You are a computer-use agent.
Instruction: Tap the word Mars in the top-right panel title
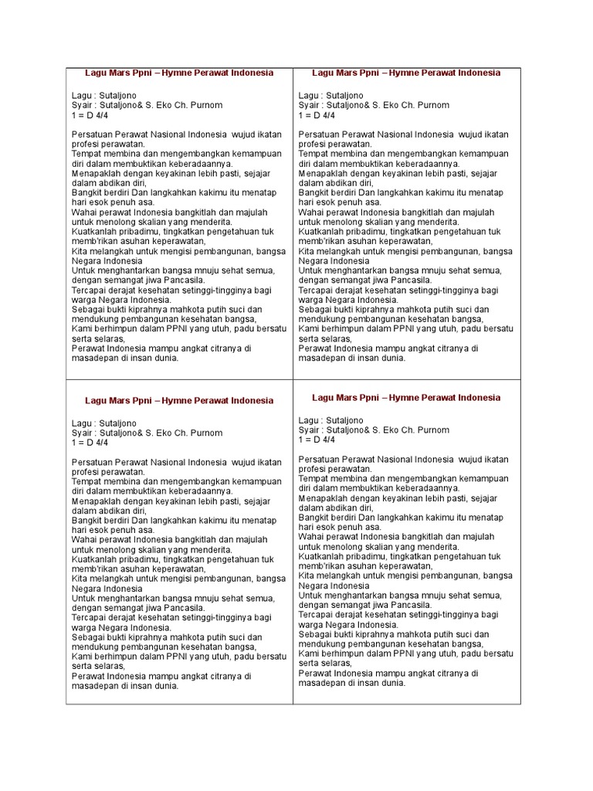pos(347,73)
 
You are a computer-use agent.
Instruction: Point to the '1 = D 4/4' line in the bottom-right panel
pos(317,440)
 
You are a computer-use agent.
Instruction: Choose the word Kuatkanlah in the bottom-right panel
pos(322,556)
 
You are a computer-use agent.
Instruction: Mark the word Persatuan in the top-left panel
pos(91,134)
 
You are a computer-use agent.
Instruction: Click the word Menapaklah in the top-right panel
pos(324,173)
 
